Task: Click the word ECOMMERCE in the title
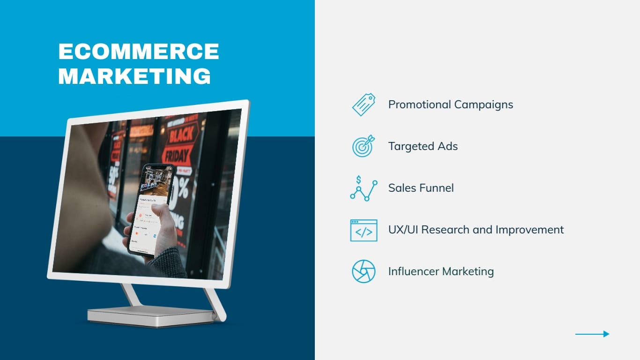point(139,52)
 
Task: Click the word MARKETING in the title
point(134,76)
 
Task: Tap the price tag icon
point(364,105)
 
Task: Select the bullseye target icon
point(364,146)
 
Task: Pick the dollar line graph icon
point(364,188)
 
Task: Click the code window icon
point(364,230)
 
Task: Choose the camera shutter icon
point(364,271)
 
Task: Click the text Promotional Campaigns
point(450,105)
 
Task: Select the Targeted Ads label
point(423,146)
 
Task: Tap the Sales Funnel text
point(421,188)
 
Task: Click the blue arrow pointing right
point(592,334)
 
